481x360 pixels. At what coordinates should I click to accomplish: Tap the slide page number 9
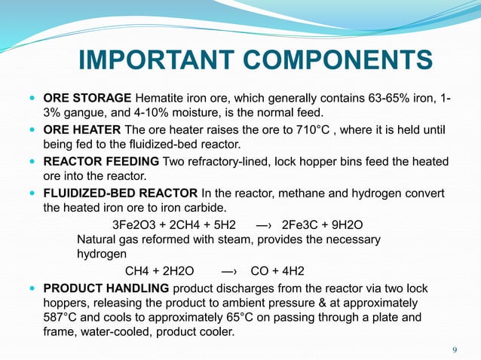coord(454,349)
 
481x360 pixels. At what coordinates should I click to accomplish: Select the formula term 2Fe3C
coord(299,225)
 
